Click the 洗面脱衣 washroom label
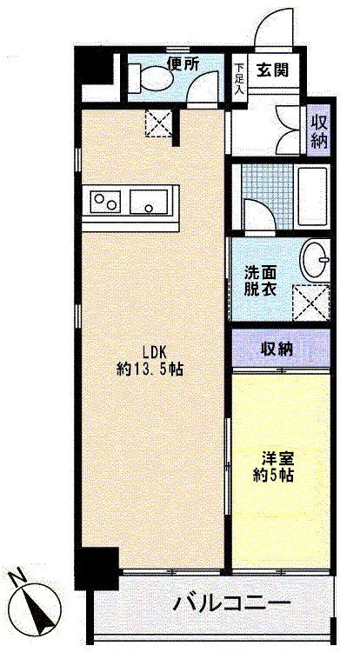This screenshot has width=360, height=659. coord(262,279)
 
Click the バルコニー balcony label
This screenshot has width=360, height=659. coord(230,602)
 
